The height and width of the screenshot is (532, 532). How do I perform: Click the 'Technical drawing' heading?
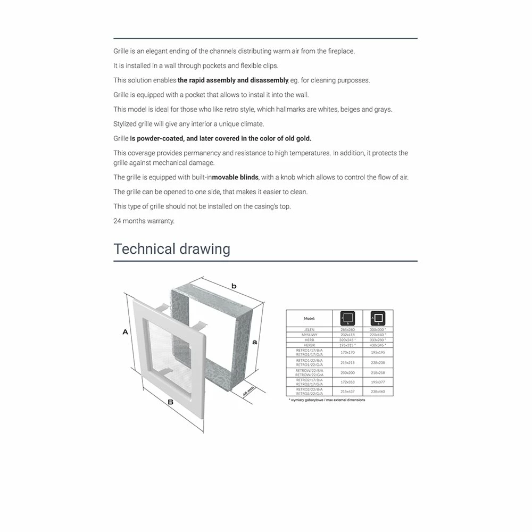172,249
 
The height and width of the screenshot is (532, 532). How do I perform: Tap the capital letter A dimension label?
126,332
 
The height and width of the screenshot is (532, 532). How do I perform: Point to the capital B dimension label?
170,402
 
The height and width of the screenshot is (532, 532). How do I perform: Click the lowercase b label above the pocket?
234,286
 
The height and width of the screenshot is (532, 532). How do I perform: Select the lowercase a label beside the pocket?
255,342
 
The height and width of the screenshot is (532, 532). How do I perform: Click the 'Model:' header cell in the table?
309,318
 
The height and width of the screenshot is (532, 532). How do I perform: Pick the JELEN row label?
309,330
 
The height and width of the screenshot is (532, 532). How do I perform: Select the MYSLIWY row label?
309,335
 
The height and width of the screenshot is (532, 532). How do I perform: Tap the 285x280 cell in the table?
347,330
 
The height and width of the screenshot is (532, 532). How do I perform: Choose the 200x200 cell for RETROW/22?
347,372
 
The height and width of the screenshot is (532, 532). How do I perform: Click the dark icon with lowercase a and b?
347,318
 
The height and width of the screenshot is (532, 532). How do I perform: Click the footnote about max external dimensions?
327,400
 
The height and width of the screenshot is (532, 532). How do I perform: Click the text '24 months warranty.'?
144,221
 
